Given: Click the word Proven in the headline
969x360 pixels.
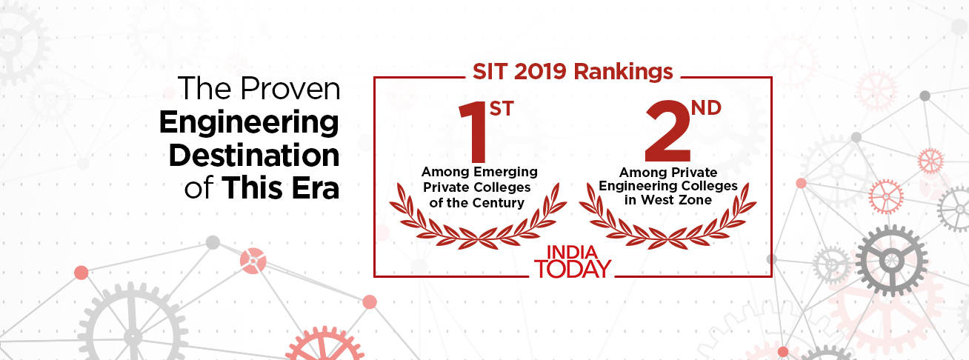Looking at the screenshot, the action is point(290,89).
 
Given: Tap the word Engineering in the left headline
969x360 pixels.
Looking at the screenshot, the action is point(249,123).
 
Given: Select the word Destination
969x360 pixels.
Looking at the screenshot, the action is point(254,155).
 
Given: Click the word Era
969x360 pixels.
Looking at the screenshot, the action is point(316,188).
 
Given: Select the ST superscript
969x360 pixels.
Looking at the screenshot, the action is point(502,109).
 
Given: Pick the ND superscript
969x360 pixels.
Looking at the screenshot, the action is point(706,108).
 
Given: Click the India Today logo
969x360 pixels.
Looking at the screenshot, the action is point(573,261).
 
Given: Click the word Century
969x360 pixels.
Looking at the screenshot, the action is point(498,203).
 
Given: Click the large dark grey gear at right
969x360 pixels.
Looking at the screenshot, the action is point(891,261).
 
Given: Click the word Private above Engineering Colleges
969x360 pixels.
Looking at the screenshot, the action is point(696,173).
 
